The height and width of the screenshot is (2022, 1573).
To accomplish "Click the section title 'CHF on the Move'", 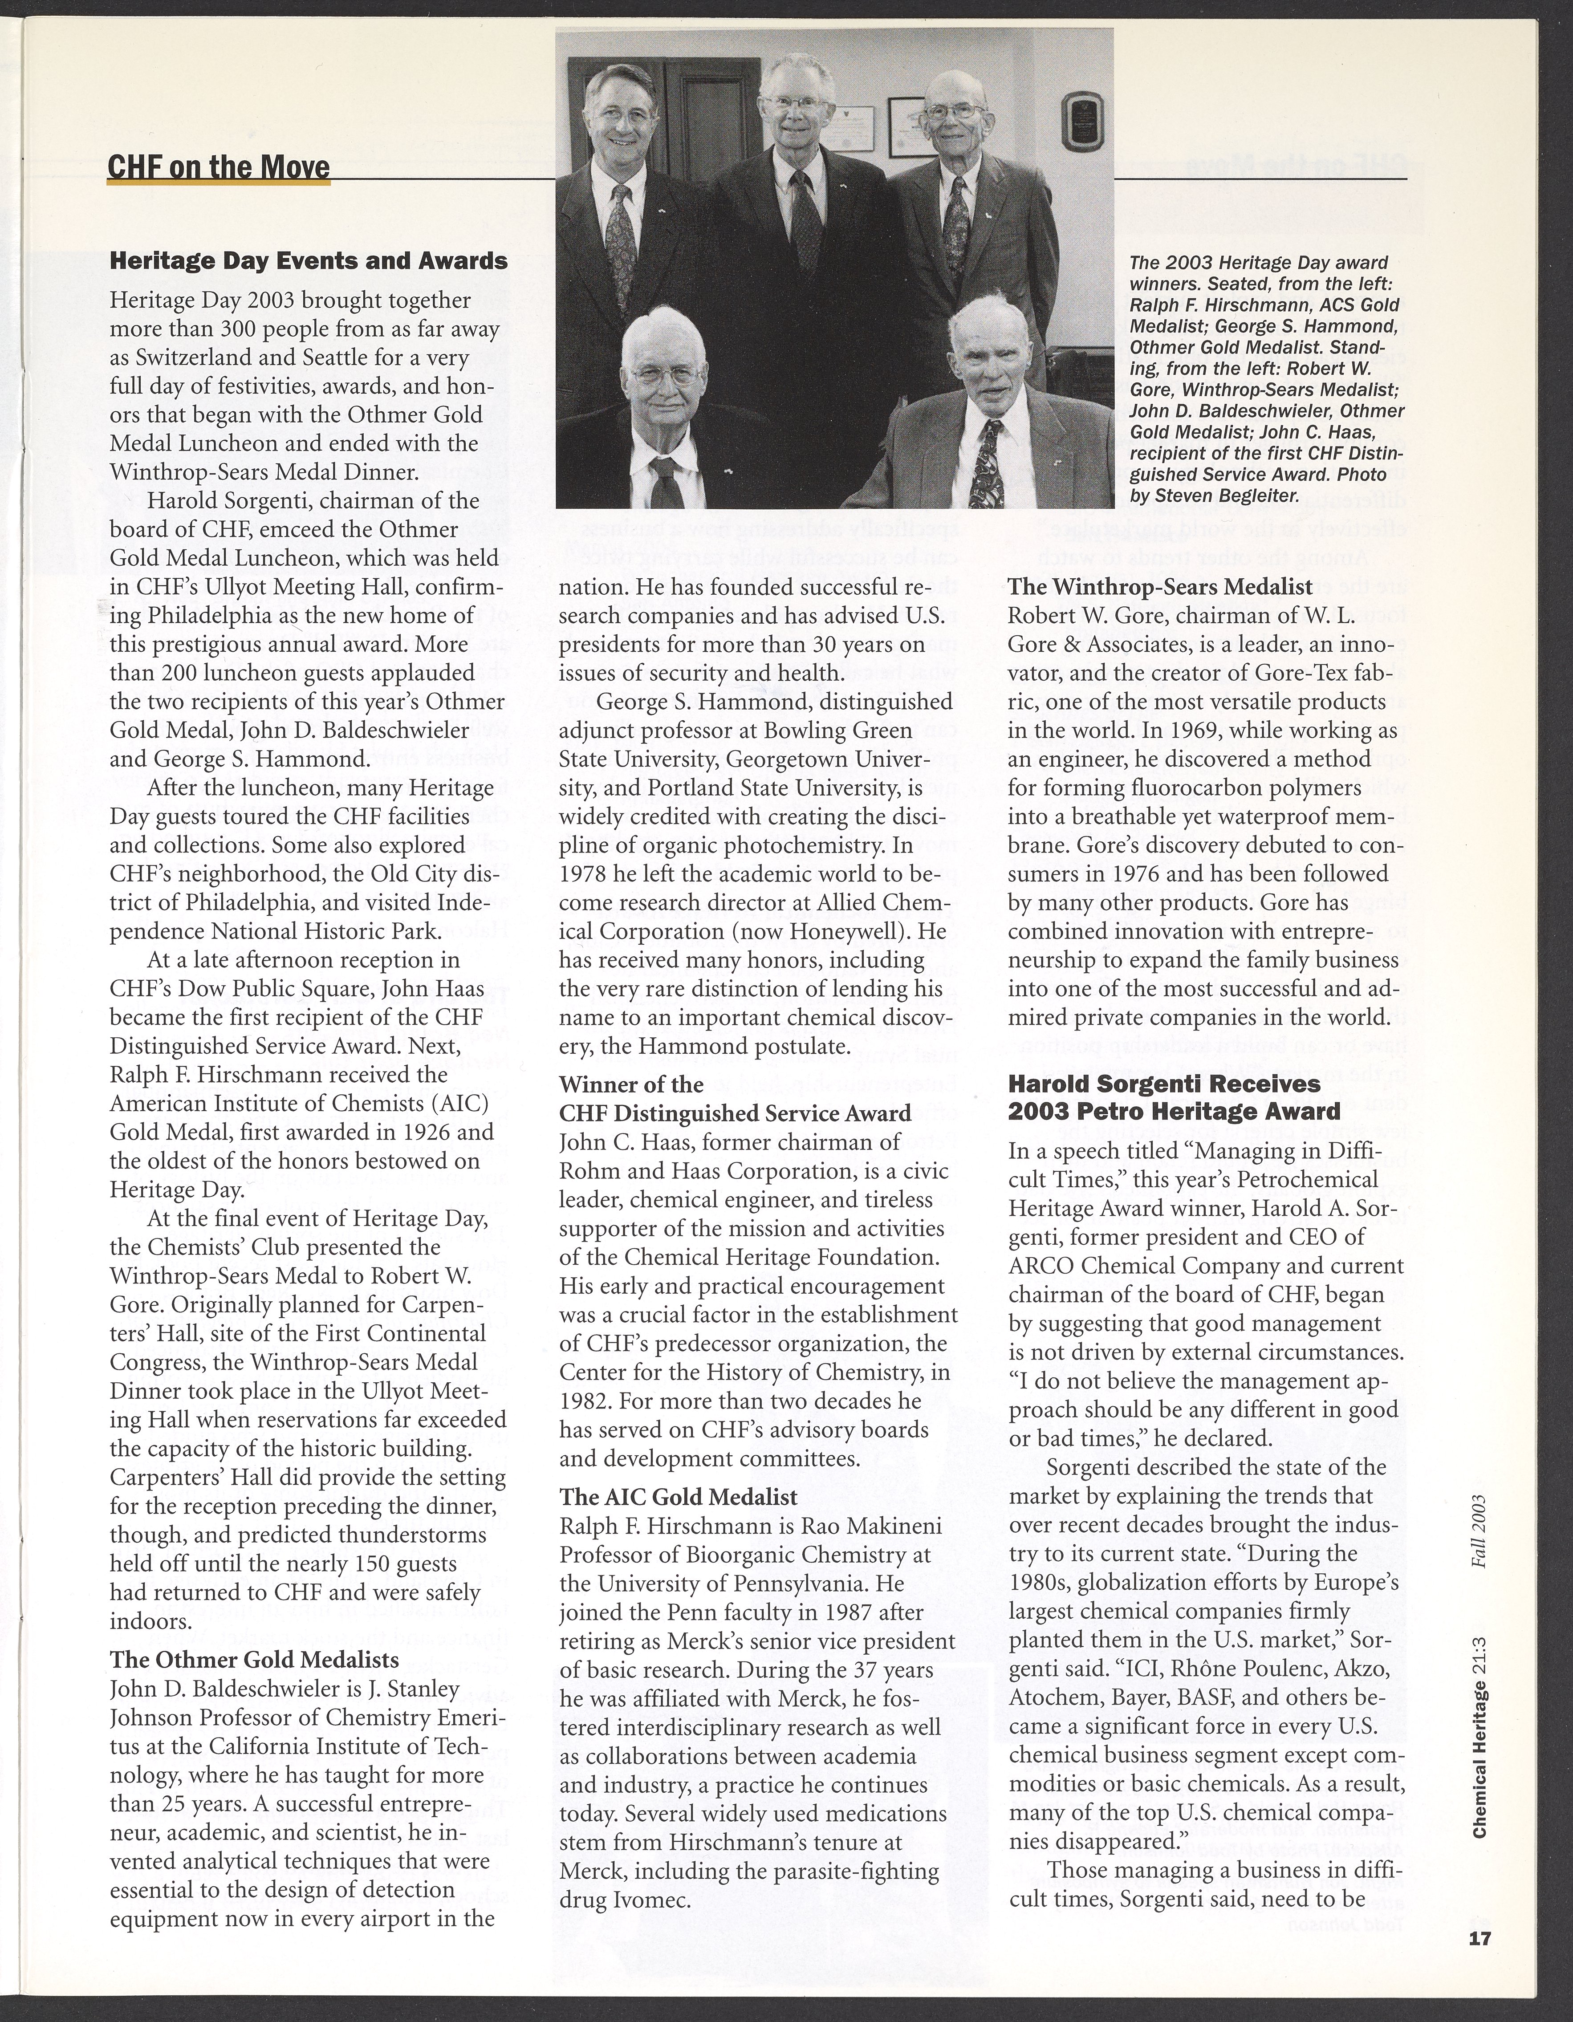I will (x=219, y=167).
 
